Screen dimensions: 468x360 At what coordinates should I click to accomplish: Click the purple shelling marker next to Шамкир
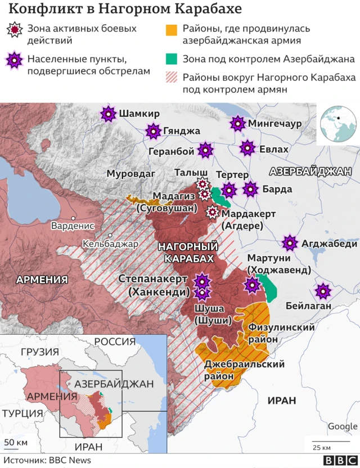[x=107, y=114]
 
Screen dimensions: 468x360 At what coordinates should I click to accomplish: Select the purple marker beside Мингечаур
[x=238, y=123]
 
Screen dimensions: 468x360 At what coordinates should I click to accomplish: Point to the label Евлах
[x=273, y=149]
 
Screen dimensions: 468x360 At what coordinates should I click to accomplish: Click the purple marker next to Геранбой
[x=206, y=150]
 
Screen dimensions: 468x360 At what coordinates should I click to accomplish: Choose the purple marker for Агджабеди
[x=290, y=244]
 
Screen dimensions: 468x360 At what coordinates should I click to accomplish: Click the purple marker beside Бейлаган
[x=323, y=291]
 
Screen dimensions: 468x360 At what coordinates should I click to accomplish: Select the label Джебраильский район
[x=245, y=371]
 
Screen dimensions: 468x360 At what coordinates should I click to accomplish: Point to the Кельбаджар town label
[x=110, y=244]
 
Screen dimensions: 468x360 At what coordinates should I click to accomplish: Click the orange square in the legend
[x=172, y=29]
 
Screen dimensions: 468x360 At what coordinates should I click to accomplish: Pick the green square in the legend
[x=172, y=59]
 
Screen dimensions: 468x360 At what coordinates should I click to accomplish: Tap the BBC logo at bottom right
[x=335, y=460]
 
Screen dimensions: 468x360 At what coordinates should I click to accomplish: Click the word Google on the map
[x=342, y=426]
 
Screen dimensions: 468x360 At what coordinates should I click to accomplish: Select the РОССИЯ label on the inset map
[x=115, y=341]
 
